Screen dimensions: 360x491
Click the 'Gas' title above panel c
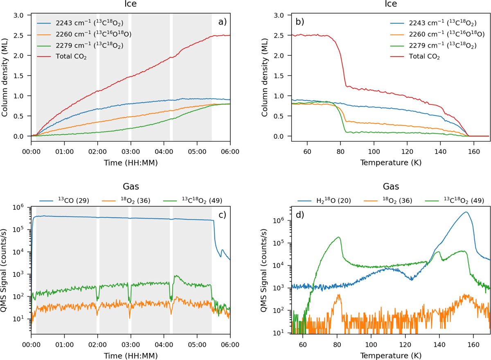pyautogui.click(x=131, y=187)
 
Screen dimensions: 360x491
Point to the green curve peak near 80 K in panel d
pyautogui.click(x=339, y=237)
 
